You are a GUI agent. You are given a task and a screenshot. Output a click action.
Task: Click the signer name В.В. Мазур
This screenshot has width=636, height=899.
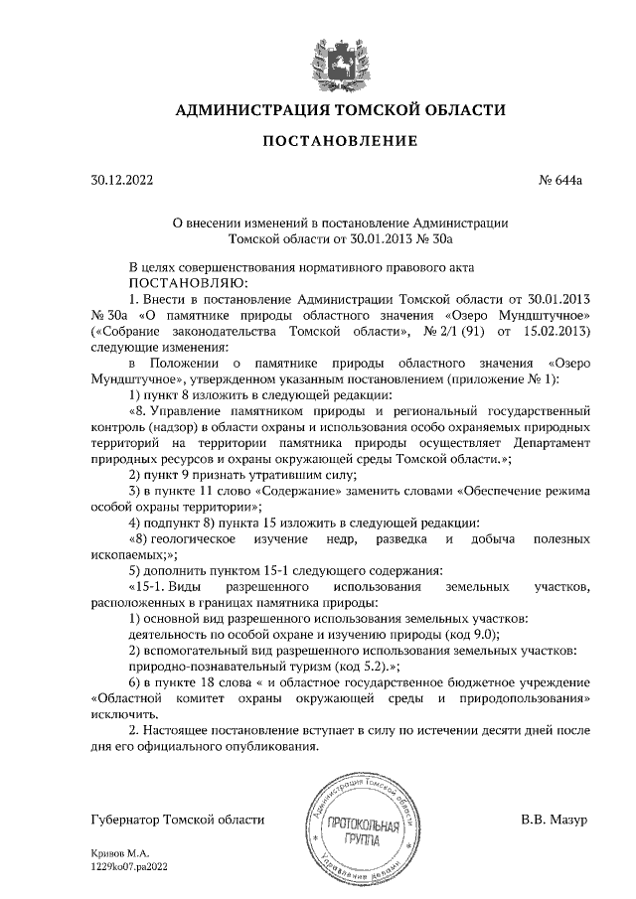tap(555, 821)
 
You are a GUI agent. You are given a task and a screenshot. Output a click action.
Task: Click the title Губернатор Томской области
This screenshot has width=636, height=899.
tap(177, 821)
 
